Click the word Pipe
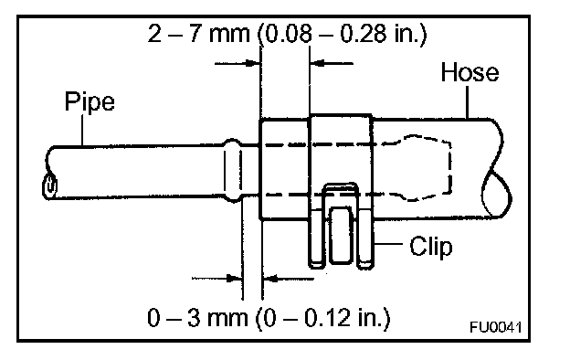[x=90, y=102]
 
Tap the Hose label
[x=470, y=72]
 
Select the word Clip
[x=431, y=247]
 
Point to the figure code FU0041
[x=495, y=327]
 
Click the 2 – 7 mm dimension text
[x=199, y=34]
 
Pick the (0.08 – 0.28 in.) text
[x=342, y=35]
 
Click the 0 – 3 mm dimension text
[x=197, y=317]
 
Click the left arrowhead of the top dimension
[x=252, y=63]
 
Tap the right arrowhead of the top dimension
[x=318, y=63]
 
